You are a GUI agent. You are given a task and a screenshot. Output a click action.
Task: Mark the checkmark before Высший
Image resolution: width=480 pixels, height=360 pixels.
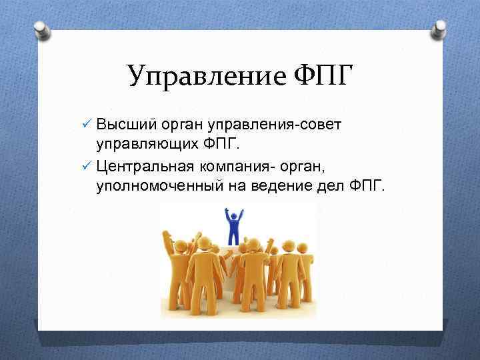84,125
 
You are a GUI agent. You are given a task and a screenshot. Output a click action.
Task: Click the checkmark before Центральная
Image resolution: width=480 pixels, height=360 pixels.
84,165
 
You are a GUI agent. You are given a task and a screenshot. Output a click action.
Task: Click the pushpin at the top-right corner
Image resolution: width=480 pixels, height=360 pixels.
439,30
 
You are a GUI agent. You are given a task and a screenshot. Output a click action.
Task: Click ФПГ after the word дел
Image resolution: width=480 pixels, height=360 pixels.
367,185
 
